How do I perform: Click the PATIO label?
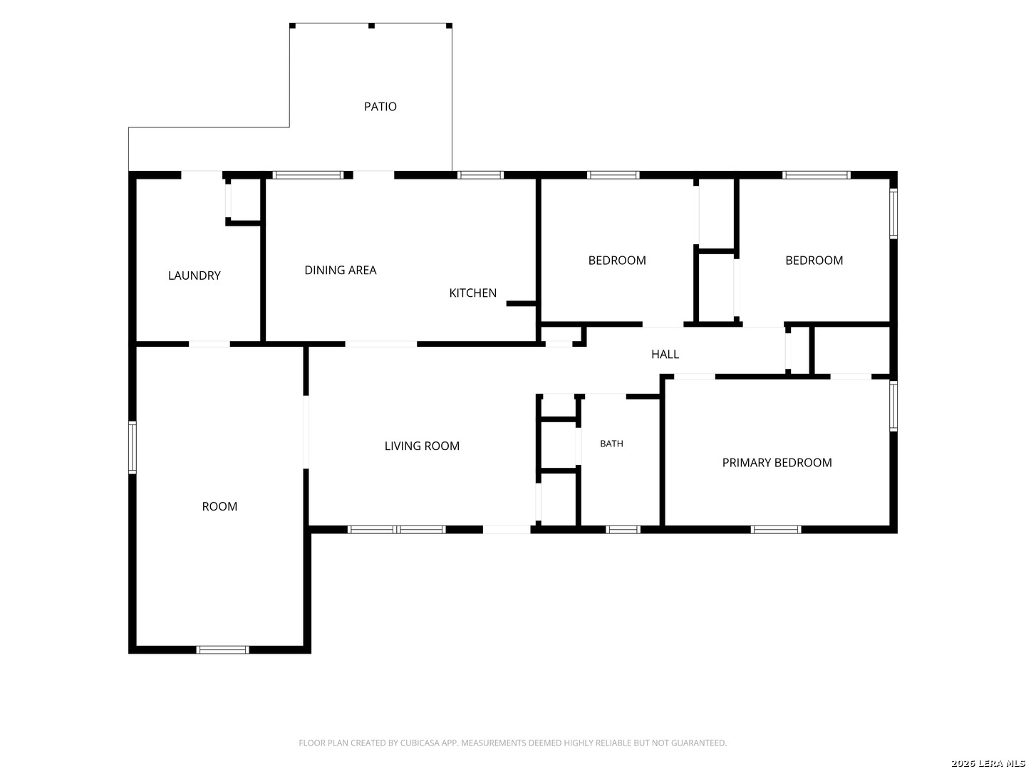click(x=380, y=107)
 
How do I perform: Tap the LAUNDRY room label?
click(x=194, y=275)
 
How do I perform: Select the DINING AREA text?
click(x=340, y=270)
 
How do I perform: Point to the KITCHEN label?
click(x=472, y=293)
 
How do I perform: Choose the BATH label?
click(x=611, y=443)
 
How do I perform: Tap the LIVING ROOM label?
click(x=422, y=446)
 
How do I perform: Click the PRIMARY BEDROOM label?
click(x=776, y=462)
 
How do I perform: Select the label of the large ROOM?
click(x=219, y=506)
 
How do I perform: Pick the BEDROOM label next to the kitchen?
click(x=616, y=260)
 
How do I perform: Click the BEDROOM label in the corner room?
click(x=814, y=260)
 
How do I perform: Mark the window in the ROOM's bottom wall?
click(x=222, y=649)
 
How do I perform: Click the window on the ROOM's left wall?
click(x=133, y=447)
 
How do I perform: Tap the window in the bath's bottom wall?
click(x=622, y=529)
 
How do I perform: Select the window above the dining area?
click(x=307, y=175)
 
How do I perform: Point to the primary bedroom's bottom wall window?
click(x=775, y=529)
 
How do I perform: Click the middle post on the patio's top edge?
click(x=370, y=26)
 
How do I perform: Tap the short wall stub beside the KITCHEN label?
click(x=520, y=303)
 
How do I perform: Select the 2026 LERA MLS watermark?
click(x=988, y=763)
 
